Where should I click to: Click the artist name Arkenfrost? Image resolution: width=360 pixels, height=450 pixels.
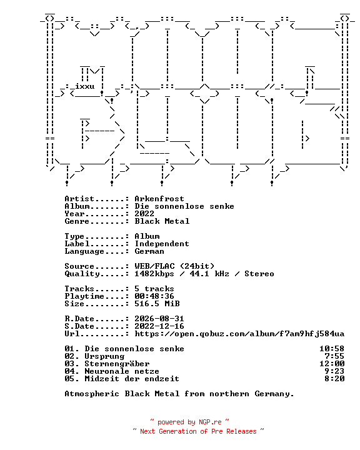pyautogui.click(x=159, y=199)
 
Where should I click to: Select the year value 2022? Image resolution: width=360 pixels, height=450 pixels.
pyautogui.click(x=144, y=214)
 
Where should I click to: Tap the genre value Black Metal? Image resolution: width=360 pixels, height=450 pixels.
pyautogui.click(x=162, y=221)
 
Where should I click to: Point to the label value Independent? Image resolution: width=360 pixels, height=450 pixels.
pyautogui.click(x=162, y=244)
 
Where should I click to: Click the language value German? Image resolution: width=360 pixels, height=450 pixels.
pyautogui.click(x=149, y=251)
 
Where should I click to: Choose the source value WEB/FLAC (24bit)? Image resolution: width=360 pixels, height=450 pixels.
pyautogui.click(x=174, y=266)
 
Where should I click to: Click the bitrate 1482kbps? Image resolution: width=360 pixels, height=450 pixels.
pyautogui.click(x=154, y=274)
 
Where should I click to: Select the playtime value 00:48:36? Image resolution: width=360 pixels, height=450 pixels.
pyautogui.click(x=154, y=296)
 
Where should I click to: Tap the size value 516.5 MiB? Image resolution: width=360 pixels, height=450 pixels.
pyautogui.click(x=157, y=303)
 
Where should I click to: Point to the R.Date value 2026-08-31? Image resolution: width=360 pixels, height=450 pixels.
pyautogui.click(x=159, y=319)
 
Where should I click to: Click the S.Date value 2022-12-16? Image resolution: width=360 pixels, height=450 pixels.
pyautogui.click(x=159, y=326)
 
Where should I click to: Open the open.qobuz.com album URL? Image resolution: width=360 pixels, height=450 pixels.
pyautogui.click(x=239, y=334)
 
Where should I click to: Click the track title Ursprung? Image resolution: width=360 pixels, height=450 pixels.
pyautogui.click(x=104, y=356)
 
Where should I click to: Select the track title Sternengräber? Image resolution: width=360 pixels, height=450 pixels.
pyautogui.click(x=117, y=364)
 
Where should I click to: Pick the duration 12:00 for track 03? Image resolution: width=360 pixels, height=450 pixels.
pyautogui.click(x=332, y=364)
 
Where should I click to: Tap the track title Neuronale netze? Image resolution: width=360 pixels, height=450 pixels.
pyautogui.click(x=122, y=371)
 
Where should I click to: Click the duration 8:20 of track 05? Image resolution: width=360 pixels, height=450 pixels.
pyautogui.click(x=334, y=379)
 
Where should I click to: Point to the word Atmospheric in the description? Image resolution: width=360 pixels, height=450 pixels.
pyautogui.click(x=92, y=394)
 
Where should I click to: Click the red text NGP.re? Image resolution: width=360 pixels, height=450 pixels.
pyautogui.click(x=210, y=422)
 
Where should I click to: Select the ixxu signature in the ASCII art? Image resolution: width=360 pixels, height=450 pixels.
pyautogui.click(x=85, y=86)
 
